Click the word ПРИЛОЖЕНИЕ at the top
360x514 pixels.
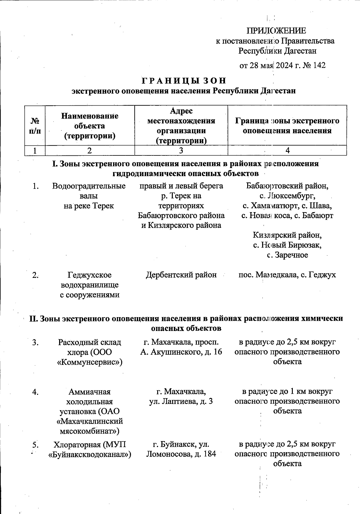pyautogui.click(x=276, y=31)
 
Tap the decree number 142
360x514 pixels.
pyautogui.click(x=319, y=65)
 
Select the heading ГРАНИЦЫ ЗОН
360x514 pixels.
pyautogui.click(x=183, y=81)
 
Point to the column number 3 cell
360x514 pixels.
pyautogui.click(x=181, y=151)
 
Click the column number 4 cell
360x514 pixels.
pyautogui.click(x=287, y=151)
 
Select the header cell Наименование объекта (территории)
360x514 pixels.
pyautogui.click(x=90, y=126)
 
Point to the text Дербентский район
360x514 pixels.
pyautogui.click(x=181, y=275)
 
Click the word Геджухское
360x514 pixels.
pyautogui.click(x=89, y=275)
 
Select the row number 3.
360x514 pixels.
pyautogui.click(x=35, y=342)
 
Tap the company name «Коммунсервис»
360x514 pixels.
pyautogui.click(x=89, y=362)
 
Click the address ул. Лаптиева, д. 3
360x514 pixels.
pyautogui.click(x=181, y=401)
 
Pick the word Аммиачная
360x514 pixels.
pyautogui.click(x=89, y=392)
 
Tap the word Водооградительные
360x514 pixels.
pyautogui.click(x=89, y=186)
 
